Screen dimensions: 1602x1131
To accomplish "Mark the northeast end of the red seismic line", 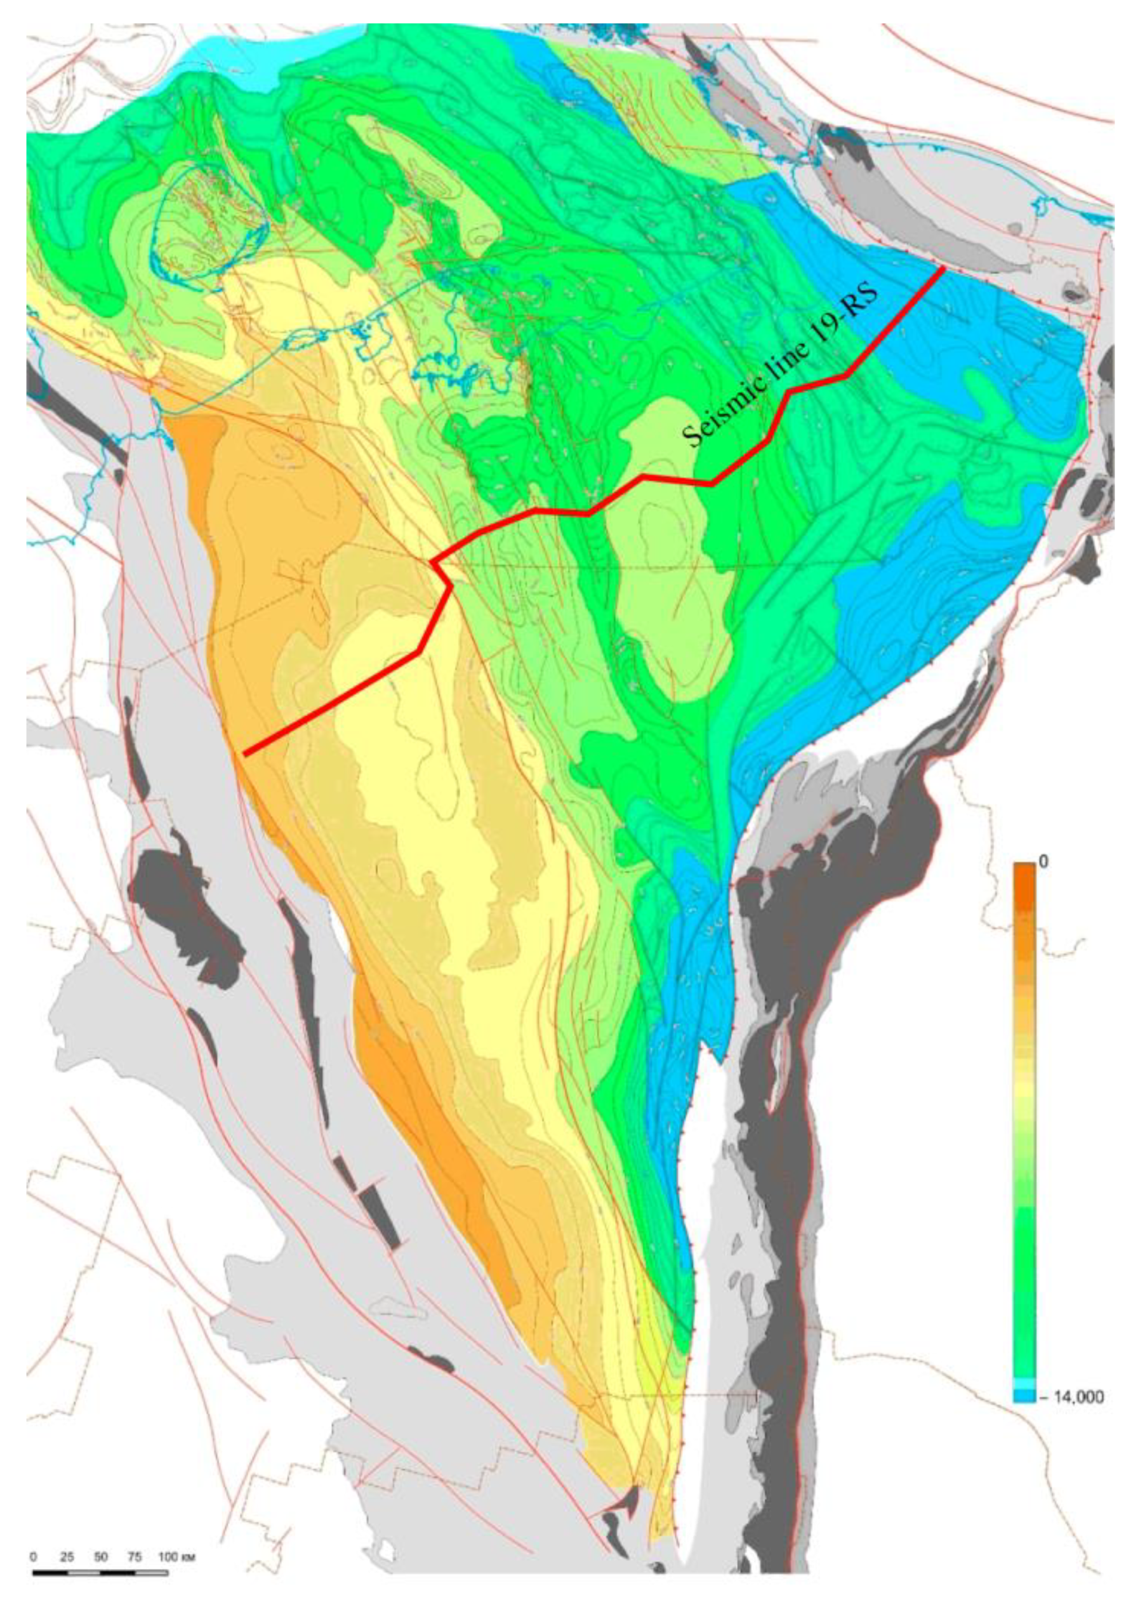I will click(944, 267).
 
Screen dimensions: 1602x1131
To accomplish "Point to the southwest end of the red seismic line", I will click(245, 753).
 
